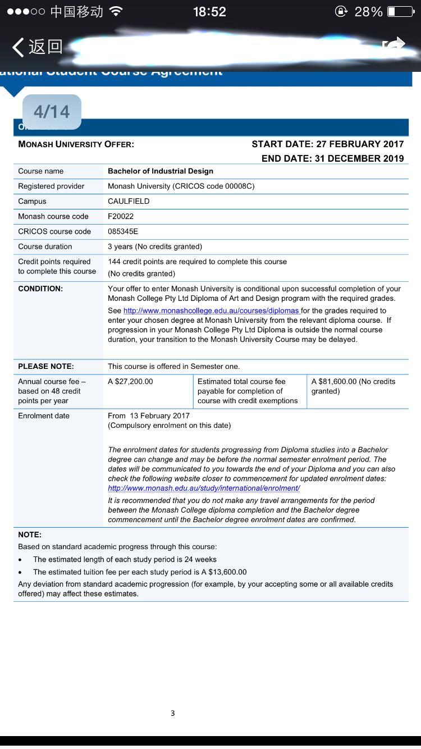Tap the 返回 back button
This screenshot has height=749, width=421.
(x=37, y=47)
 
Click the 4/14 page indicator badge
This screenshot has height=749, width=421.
(x=52, y=112)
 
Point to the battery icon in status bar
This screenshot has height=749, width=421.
(x=400, y=12)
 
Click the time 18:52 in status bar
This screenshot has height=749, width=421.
(x=209, y=12)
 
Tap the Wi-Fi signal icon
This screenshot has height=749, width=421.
(x=116, y=12)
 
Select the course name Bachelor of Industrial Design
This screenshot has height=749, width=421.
(x=161, y=171)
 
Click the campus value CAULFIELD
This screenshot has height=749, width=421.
(x=129, y=201)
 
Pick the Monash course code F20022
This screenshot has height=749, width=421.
(x=121, y=216)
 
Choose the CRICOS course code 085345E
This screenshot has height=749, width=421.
(x=123, y=231)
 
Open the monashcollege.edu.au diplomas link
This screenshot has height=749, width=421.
(x=212, y=310)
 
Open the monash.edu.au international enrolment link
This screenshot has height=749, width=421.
(x=204, y=488)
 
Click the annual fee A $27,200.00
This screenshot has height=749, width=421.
(x=130, y=382)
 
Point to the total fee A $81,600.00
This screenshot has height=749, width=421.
(x=334, y=382)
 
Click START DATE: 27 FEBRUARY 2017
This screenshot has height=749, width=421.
(x=327, y=144)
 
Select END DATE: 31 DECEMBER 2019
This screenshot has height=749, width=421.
(x=332, y=159)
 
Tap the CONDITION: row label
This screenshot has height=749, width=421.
(x=40, y=289)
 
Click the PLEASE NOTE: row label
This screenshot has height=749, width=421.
(x=46, y=367)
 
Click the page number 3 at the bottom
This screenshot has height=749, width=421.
(x=172, y=714)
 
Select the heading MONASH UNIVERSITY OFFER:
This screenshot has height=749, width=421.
(x=76, y=144)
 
